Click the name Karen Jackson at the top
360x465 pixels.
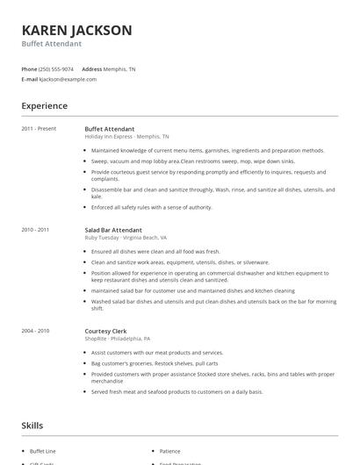pyautogui.click(x=77, y=30)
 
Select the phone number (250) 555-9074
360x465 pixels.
pyautogui.click(x=57, y=68)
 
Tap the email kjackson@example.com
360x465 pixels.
pyautogui.click(x=68, y=79)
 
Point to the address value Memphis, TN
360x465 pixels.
pyautogui.click(x=120, y=68)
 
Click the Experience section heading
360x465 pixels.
pyautogui.click(x=45, y=106)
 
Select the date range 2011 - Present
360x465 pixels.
pyautogui.click(x=40, y=129)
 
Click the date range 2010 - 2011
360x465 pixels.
pyautogui.click(x=36, y=230)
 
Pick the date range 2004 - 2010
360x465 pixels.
pyautogui.click(x=36, y=331)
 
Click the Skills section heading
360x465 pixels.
pyautogui.click(x=32, y=426)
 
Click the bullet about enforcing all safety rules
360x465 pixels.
pyautogui.click(x=152, y=207)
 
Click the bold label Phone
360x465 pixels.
pyautogui.click(x=29, y=68)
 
